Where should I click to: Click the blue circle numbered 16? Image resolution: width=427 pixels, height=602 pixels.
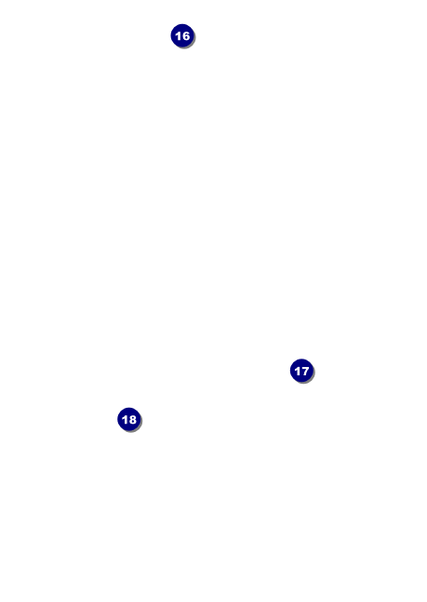click(x=182, y=35)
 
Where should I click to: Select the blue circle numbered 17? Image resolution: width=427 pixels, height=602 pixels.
click(x=301, y=371)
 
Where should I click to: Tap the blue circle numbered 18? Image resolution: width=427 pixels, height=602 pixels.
click(x=128, y=419)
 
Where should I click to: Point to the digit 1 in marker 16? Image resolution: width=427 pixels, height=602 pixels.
click(x=178, y=36)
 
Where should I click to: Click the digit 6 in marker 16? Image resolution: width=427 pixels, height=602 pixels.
click(x=186, y=36)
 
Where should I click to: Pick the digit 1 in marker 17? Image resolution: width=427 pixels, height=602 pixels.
click(x=297, y=371)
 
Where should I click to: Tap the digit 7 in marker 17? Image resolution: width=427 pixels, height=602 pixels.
click(x=305, y=371)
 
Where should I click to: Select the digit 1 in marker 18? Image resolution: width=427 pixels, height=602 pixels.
click(x=125, y=419)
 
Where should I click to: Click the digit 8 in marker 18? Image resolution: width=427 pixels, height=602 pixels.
click(x=133, y=419)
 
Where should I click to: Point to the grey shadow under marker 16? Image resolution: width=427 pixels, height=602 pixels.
click(x=192, y=45)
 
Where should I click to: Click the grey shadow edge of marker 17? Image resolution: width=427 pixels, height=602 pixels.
click(x=311, y=379)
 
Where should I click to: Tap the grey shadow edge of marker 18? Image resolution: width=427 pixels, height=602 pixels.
click(x=139, y=427)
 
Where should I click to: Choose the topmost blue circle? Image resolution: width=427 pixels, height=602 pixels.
click(x=182, y=35)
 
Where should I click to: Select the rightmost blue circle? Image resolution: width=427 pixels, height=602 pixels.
click(x=301, y=371)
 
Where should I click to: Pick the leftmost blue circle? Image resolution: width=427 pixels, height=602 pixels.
click(x=128, y=419)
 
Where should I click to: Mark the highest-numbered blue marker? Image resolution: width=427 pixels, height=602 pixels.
click(x=128, y=419)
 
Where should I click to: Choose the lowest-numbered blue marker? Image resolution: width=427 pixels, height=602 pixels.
click(x=182, y=35)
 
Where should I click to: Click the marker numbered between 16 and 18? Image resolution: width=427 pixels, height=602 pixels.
click(x=301, y=371)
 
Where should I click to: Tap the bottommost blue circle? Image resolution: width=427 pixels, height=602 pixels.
click(x=128, y=419)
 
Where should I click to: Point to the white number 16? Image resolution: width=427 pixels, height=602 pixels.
click(x=182, y=36)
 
